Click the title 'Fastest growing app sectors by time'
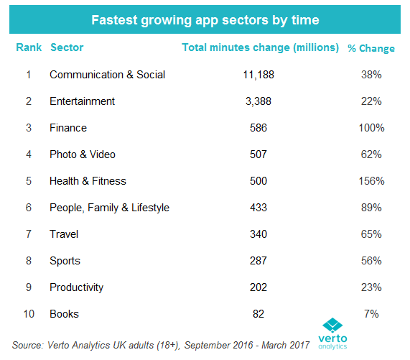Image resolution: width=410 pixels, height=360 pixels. [x=205, y=20]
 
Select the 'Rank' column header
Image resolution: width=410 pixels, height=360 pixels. [x=29, y=47]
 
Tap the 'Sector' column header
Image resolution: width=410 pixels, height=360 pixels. [x=67, y=47]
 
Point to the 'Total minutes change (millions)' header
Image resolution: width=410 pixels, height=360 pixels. [x=260, y=47]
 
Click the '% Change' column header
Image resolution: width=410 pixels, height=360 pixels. [x=371, y=48]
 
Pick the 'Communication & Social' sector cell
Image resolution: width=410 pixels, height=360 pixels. [x=108, y=75]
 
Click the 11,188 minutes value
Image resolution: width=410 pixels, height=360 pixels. [x=258, y=75]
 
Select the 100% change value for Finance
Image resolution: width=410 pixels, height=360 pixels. [x=371, y=128]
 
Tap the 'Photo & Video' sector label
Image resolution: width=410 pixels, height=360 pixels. [x=83, y=154]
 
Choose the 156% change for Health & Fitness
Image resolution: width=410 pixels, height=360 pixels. [x=371, y=181]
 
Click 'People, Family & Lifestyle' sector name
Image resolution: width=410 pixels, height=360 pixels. [x=110, y=208]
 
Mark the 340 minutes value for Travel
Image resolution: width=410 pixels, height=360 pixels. [x=258, y=234]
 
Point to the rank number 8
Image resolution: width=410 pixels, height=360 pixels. [x=29, y=261]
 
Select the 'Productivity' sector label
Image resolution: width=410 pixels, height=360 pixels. [x=77, y=287]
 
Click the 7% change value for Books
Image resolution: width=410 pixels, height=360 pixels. [x=371, y=314]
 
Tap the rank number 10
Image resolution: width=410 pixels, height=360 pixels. [x=29, y=314]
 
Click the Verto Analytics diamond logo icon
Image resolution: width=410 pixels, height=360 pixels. [x=332, y=326]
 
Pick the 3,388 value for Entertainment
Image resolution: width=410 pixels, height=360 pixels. [x=258, y=101]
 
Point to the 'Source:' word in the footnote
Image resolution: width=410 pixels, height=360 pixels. [x=27, y=346]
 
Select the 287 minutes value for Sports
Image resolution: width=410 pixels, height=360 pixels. [x=258, y=261]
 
